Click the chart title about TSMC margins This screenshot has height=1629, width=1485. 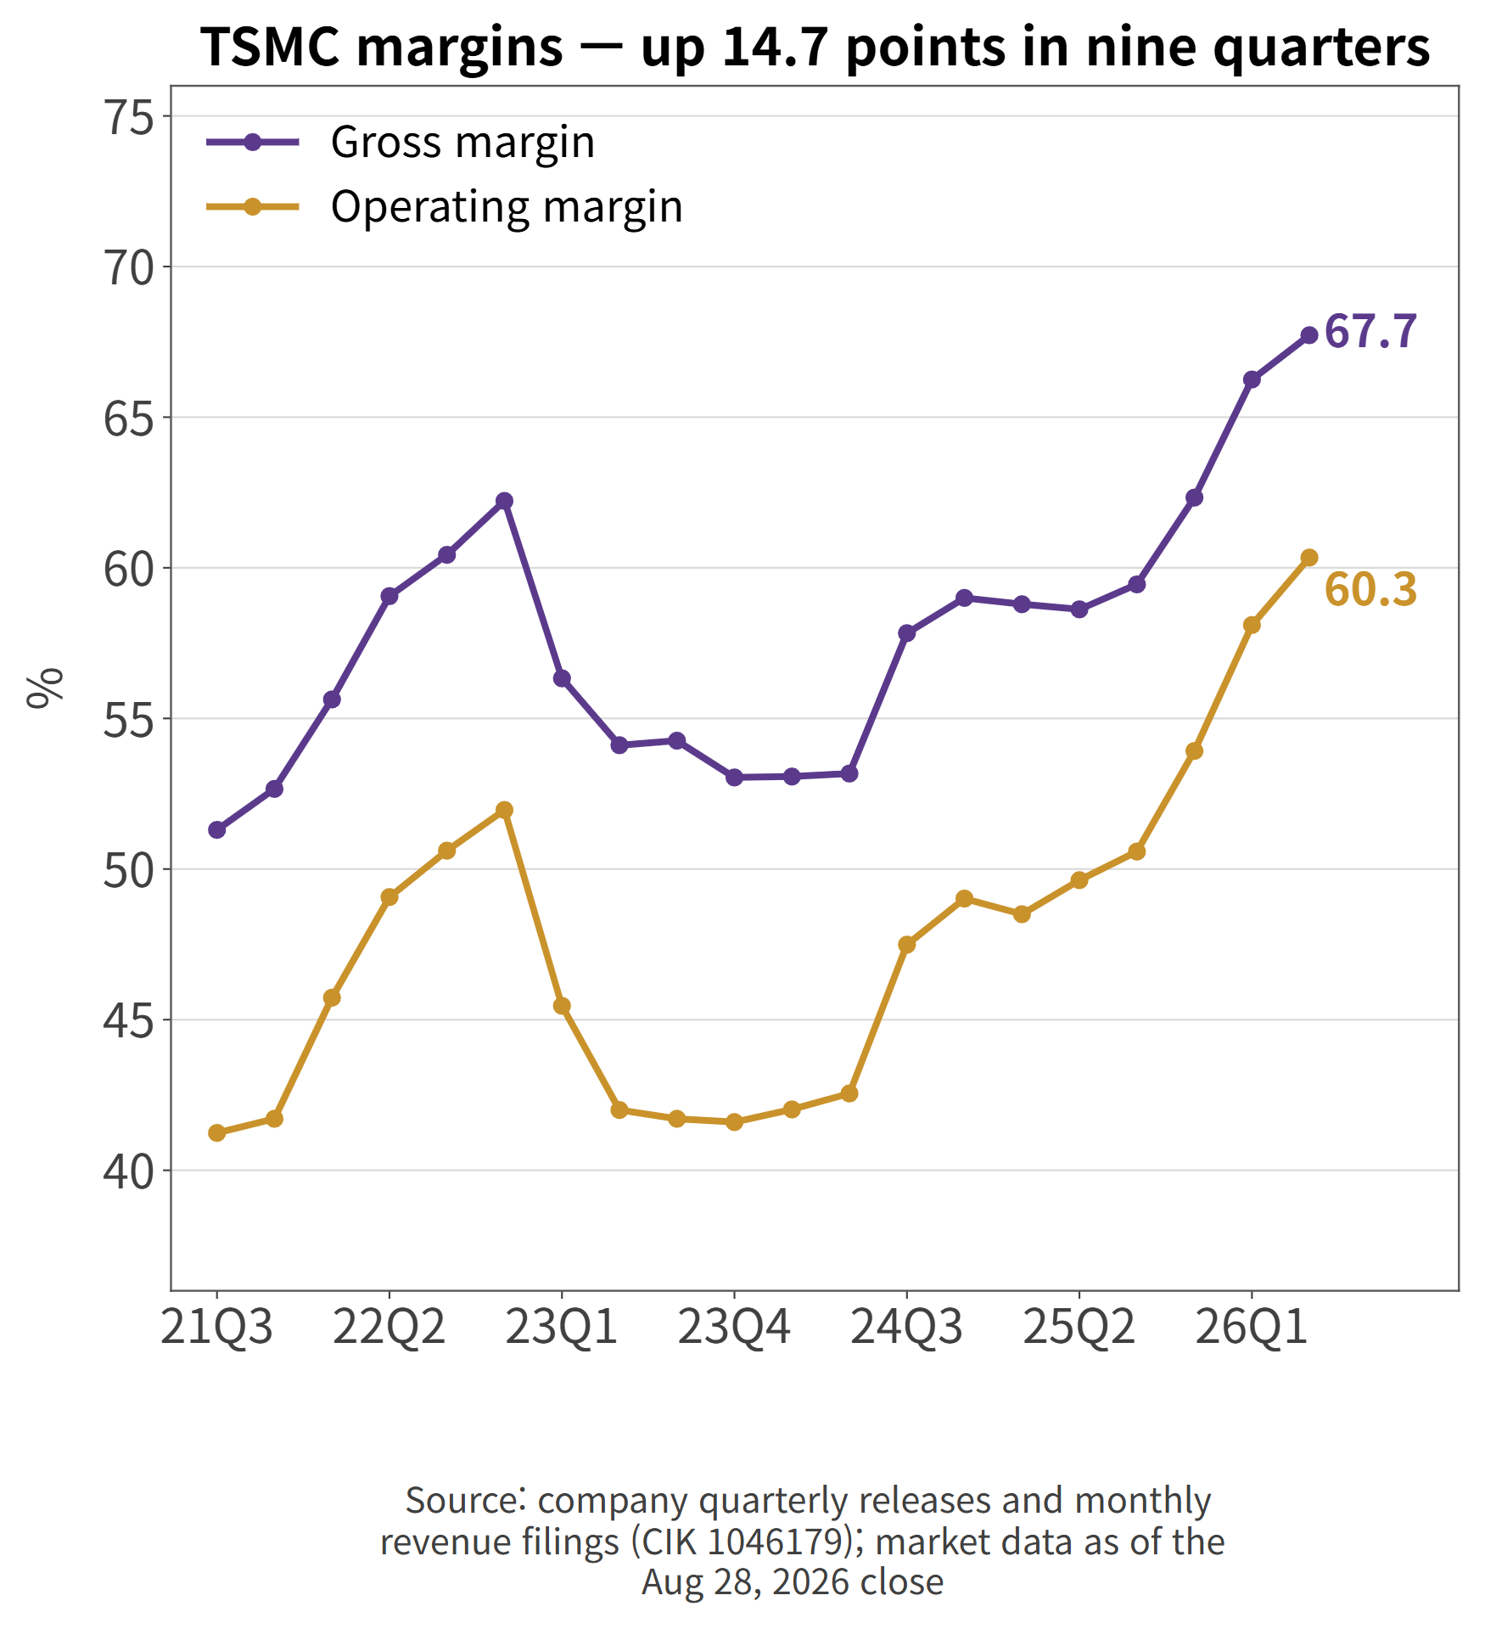tap(815, 47)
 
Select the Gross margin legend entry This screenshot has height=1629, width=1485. tap(401, 142)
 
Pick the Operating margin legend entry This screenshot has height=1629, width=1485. tap(445, 206)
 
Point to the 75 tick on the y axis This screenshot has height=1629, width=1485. tap(128, 116)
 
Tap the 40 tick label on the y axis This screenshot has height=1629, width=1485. tap(128, 1171)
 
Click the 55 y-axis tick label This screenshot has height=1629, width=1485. tap(128, 719)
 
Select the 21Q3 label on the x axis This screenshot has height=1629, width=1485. tap(217, 1328)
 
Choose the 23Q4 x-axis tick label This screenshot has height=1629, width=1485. tap(734, 1328)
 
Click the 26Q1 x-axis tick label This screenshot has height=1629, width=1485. tap(1252, 1328)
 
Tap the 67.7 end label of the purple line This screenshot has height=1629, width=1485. tap(1370, 331)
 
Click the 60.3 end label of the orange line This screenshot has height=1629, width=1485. tap(1370, 589)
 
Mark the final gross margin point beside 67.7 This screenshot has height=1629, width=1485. tap(1309, 335)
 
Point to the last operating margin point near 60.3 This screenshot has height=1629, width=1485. tap(1309, 558)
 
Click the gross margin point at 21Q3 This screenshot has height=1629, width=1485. tap(217, 830)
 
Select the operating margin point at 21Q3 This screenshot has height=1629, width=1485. tap(217, 1133)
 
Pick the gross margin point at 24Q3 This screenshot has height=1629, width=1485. tap(906, 633)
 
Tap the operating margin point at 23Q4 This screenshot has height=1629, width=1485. tap(735, 1122)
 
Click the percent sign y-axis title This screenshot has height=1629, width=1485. tap(45, 688)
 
